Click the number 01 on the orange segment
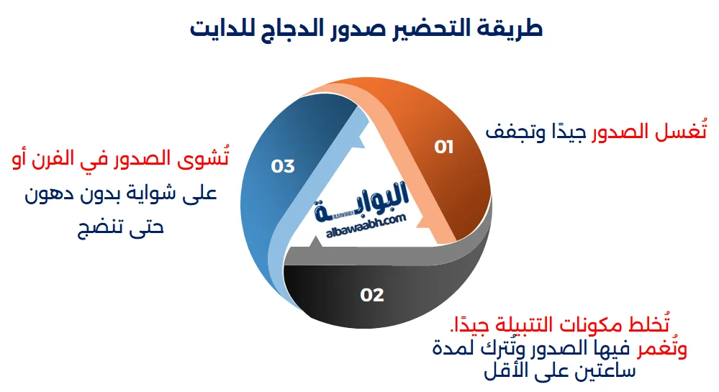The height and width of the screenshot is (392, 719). pyautogui.click(x=444, y=147)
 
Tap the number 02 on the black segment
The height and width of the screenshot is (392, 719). pyautogui.click(x=372, y=294)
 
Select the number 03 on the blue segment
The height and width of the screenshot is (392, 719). pyautogui.click(x=283, y=166)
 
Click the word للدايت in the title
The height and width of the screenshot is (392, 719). pyautogui.click(x=226, y=29)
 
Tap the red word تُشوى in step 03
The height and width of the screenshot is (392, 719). pyautogui.click(x=207, y=158)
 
